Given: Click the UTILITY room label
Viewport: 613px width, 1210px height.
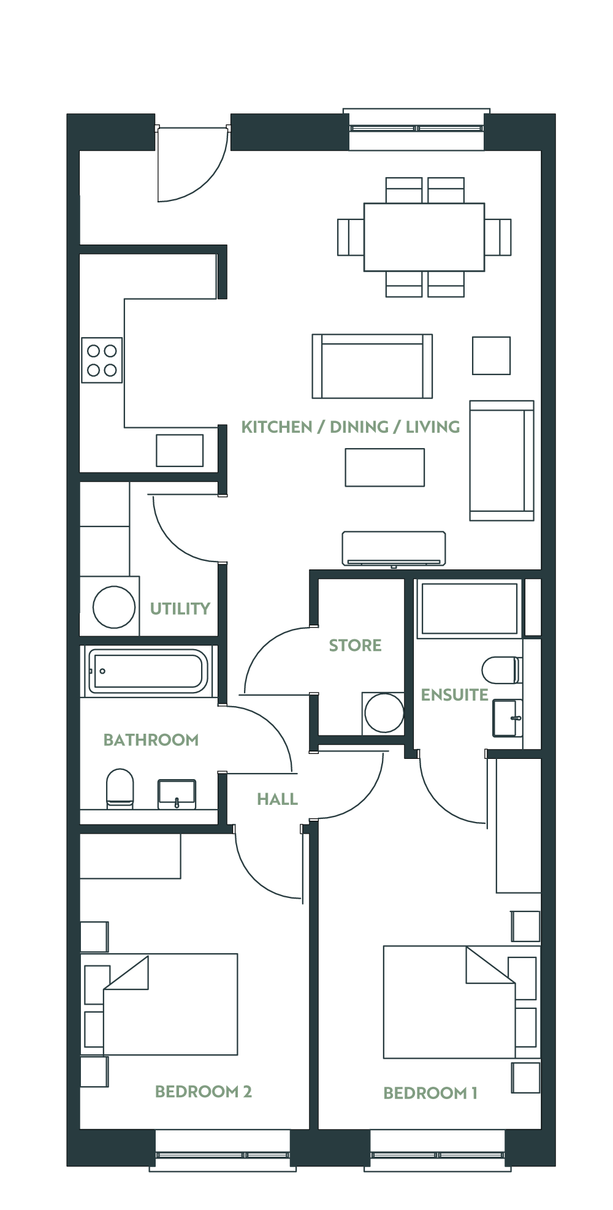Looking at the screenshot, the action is (x=180, y=609).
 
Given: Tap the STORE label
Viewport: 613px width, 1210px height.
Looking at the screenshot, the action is (x=355, y=645).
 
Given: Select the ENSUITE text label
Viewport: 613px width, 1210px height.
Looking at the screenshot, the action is (x=454, y=694).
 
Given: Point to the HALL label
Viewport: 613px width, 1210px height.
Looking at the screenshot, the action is (x=277, y=799).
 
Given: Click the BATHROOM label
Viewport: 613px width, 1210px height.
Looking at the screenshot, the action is (x=151, y=740).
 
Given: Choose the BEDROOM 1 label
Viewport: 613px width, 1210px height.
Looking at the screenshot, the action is (x=430, y=1093).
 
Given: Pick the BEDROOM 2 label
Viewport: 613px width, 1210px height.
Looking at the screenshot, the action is (x=204, y=1091).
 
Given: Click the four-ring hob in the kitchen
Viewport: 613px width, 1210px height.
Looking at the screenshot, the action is (x=102, y=360).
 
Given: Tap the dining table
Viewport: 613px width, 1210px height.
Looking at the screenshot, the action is (x=424, y=237).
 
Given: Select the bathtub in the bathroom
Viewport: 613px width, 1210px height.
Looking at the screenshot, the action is (x=146, y=671).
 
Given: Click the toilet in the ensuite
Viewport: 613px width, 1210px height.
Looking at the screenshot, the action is (x=502, y=670).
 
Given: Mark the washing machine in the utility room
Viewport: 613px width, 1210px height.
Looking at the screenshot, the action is (x=114, y=607).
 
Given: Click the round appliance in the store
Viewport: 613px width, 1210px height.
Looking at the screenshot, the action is (x=384, y=713).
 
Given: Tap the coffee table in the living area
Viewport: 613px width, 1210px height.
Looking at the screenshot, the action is (x=385, y=468).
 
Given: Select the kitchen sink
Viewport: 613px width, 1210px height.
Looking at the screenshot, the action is (x=180, y=451).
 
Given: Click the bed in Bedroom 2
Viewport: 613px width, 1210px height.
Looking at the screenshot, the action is (x=170, y=1004).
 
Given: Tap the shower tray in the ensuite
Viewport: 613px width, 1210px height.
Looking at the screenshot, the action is (x=469, y=609).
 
